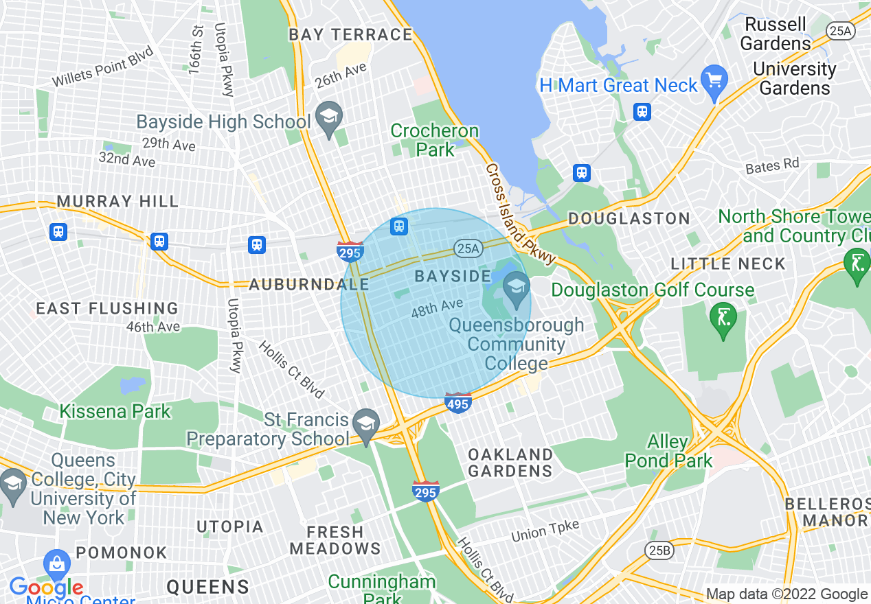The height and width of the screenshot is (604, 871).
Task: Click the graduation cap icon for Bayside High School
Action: pyautogui.click(x=329, y=117)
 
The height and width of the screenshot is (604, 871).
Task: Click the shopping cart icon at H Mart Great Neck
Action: pyautogui.click(x=715, y=80)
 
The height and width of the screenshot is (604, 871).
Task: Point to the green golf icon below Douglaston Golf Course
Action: pyautogui.click(x=723, y=318)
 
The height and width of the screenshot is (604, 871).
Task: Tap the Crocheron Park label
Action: pyautogui.click(x=434, y=140)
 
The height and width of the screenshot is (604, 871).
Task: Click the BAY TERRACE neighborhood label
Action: pyautogui.click(x=350, y=34)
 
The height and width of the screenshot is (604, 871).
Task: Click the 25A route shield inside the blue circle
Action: pyautogui.click(x=467, y=248)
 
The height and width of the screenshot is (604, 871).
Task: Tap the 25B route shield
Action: pyautogui.click(x=659, y=550)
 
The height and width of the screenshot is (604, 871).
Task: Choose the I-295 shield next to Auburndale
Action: pyautogui.click(x=350, y=252)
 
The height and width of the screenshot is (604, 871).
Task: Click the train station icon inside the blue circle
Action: pyautogui.click(x=399, y=226)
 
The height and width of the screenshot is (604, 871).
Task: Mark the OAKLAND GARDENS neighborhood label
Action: pyautogui.click(x=510, y=463)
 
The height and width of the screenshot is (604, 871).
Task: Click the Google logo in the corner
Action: pyautogui.click(x=46, y=588)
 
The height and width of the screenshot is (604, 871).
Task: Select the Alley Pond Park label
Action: pyautogui.click(x=668, y=451)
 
